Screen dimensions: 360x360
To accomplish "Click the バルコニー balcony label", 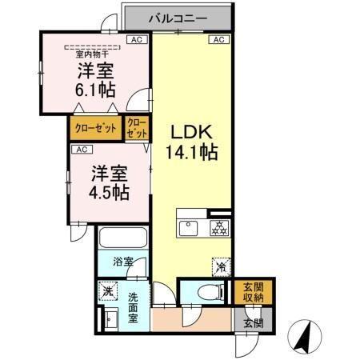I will tap(177, 17).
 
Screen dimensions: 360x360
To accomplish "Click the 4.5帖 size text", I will tap(110, 192).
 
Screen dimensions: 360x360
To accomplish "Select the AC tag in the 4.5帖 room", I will tap(80, 149).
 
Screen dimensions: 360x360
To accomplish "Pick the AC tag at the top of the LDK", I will tap(217, 39).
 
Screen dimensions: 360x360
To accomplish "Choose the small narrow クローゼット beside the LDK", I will tap(135, 129).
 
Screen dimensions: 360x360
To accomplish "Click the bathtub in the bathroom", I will tap(122, 238).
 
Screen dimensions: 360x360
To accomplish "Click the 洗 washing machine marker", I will tap(107, 291).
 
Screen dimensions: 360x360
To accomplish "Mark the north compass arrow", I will tap(304, 336).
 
